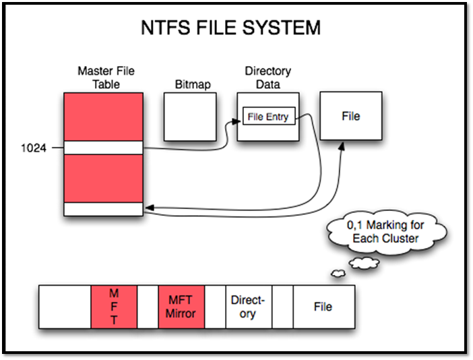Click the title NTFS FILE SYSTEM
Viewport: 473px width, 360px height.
click(230, 28)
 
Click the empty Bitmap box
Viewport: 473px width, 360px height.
click(190, 116)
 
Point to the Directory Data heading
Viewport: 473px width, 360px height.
click(267, 77)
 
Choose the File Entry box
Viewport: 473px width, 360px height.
click(267, 117)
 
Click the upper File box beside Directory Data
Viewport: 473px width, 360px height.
click(350, 116)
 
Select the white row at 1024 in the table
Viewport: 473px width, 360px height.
click(104, 148)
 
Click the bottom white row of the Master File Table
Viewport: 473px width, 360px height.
click(104, 209)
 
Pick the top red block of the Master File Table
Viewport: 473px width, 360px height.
click(104, 117)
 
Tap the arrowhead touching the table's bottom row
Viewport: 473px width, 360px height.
click(148, 209)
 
